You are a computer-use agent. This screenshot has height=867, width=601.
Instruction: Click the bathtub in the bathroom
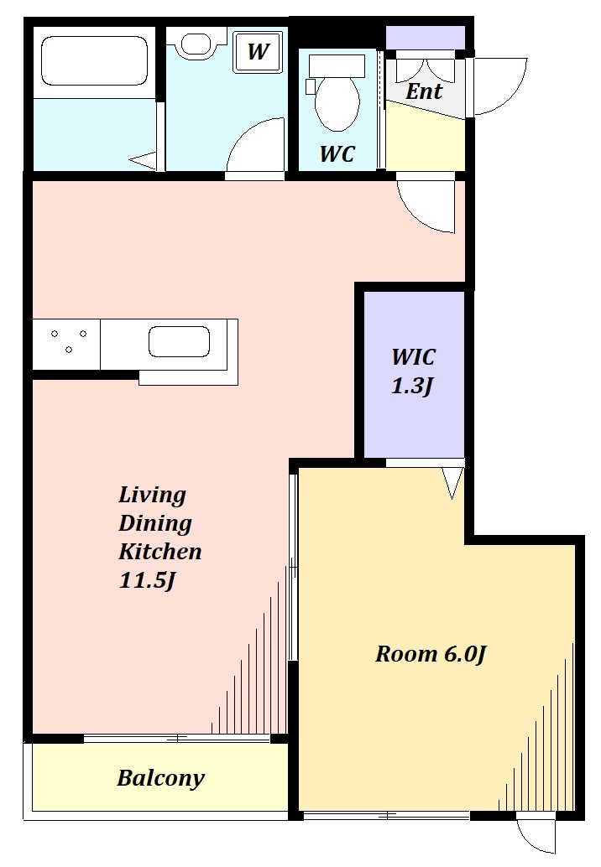[x=95, y=61]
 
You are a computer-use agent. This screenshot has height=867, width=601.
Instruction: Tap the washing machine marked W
[x=258, y=51]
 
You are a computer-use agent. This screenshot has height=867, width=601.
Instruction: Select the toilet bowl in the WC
[x=336, y=93]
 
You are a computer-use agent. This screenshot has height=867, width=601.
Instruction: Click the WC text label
[x=337, y=153]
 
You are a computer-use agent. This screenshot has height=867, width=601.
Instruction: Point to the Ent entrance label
[x=424, y=91]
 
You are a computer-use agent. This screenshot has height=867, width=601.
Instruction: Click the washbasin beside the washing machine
[x=196, y=44]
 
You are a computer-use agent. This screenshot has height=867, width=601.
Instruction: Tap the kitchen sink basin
[x=180, y=341]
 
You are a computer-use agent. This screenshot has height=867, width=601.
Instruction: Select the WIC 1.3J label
[x=413, y=371]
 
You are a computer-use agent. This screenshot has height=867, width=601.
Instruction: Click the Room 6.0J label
[x=431, y=654]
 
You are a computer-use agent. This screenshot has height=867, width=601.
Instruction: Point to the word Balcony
[x=160, y=778]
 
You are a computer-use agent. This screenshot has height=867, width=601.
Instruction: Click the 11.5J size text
[x=147, y=580]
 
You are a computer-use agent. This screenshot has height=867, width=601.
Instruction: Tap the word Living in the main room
[x=152, y=495]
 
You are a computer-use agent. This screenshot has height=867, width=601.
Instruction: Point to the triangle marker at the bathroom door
[x=144, y=160]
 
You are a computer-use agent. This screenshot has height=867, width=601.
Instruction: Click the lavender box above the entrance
[x=425, y=37]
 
